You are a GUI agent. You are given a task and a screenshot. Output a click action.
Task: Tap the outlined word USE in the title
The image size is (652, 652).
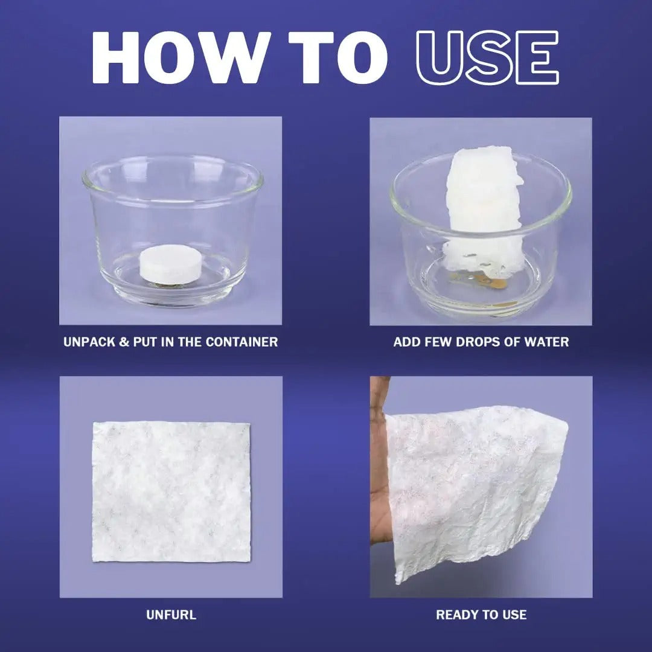[488, 58]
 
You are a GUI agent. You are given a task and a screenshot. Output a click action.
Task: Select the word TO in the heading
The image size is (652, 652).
[338, 58]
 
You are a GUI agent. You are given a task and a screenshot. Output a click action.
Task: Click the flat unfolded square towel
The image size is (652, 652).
[171, 492]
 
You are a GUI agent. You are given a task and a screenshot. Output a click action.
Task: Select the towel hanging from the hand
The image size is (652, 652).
[477, 483]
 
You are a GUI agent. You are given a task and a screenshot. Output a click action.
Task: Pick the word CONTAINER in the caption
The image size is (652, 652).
[241, 342]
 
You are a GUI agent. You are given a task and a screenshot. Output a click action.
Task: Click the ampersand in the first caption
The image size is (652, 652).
[124, 342]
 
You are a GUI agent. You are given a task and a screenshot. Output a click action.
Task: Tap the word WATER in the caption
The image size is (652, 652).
[547, 342]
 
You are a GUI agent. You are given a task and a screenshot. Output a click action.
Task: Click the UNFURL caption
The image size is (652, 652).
[171, 615]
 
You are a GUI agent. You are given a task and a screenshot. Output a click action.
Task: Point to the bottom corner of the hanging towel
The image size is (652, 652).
[398, 580]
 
